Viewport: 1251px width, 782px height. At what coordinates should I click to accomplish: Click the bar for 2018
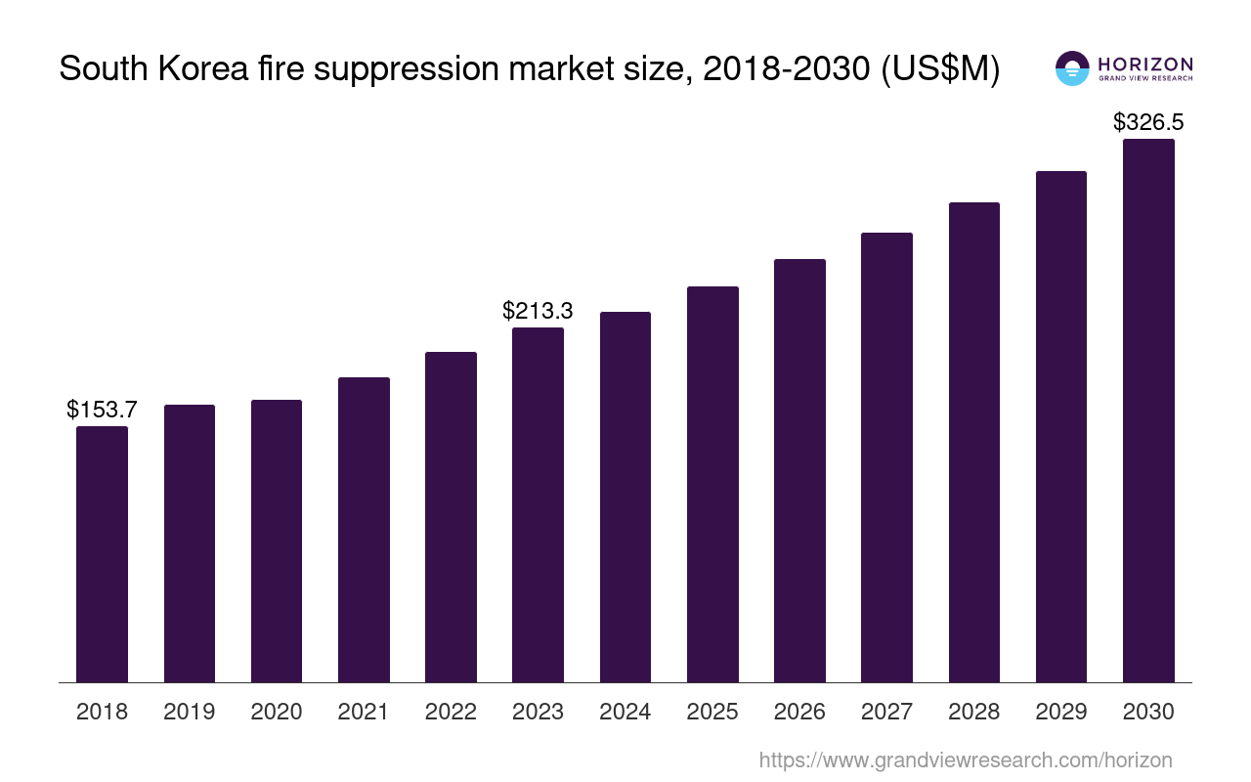click(102, 554)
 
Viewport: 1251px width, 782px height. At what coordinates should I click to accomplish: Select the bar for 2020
click(277, 541)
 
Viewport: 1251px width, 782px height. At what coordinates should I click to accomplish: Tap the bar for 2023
click(538, 504)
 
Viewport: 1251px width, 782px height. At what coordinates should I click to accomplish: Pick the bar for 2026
click(799, 470)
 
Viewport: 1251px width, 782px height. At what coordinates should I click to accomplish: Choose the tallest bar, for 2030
click(1148, 411)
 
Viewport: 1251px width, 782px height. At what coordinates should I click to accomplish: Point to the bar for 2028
click(974, 442)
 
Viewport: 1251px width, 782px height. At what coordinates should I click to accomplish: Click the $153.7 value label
click(102, 410)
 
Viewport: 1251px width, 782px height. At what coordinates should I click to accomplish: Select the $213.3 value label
click(538, 311)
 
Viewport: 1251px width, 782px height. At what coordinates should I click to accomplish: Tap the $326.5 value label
click(1148, 122)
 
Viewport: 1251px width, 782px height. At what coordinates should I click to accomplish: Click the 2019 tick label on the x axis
click(189, 712)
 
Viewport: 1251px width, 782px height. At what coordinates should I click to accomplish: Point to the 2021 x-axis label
click(364, 712)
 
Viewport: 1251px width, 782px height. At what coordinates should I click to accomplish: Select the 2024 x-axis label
click(625, 712)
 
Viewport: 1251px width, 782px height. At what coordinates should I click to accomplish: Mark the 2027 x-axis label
click(886, 712)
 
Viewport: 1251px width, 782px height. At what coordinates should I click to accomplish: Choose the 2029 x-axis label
click(1061, 712)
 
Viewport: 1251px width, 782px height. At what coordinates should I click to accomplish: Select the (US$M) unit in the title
click(940, 70)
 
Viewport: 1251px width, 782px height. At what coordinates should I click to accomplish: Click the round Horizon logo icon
click(1072, 67)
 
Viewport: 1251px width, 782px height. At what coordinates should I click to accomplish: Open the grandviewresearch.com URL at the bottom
click(966, 760)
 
